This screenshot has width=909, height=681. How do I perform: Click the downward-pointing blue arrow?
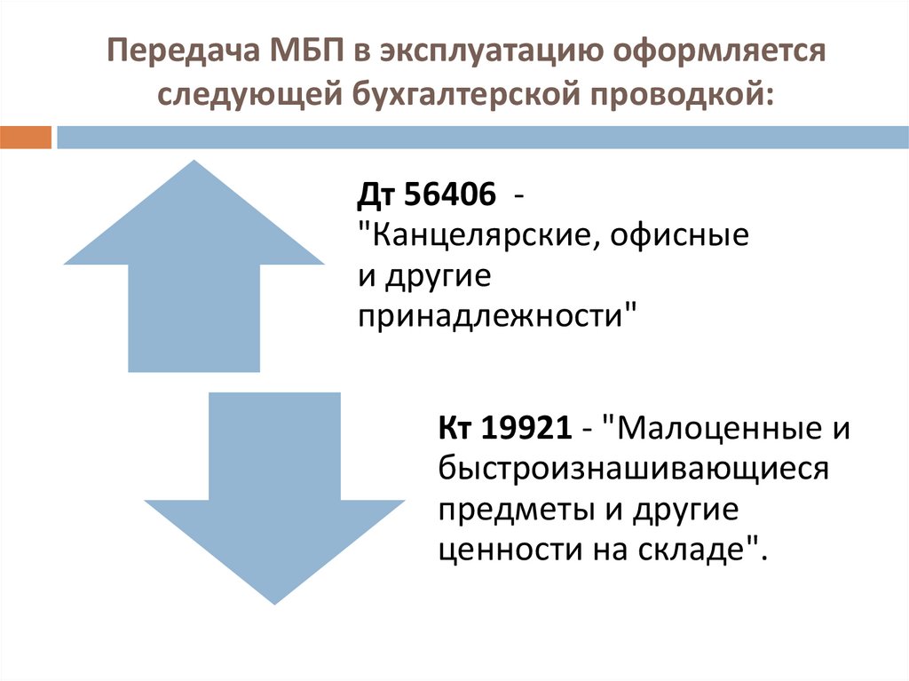(274, 497)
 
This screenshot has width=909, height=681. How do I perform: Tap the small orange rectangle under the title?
(26, 138)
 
